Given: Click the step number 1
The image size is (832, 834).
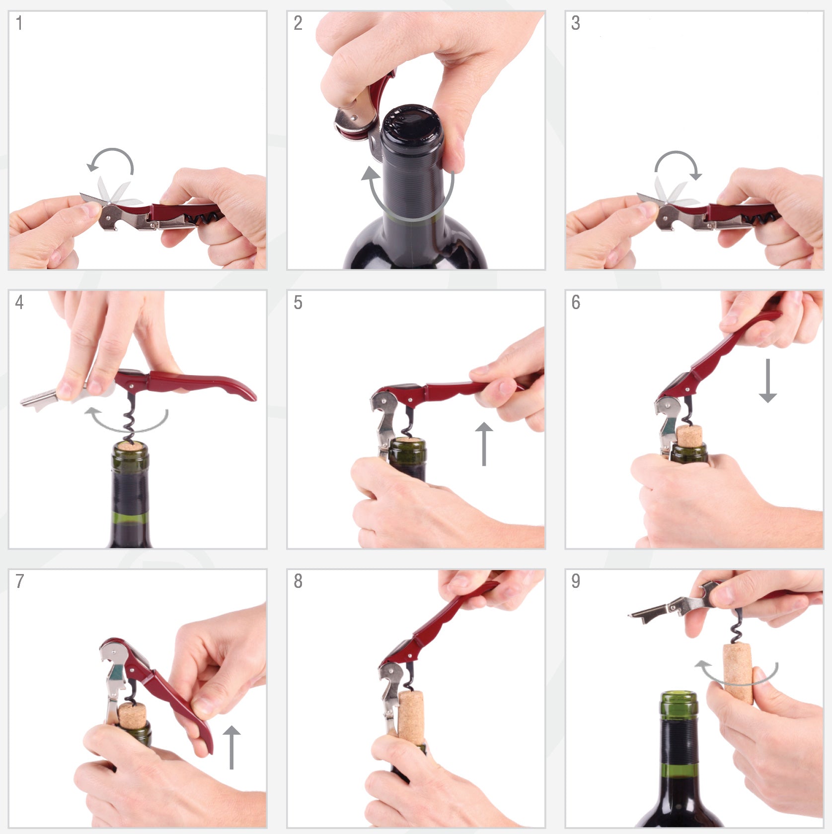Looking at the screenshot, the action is tap(19, 23).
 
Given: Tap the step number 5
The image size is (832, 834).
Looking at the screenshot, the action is tap(298, 302).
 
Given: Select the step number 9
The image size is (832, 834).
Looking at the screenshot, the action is tap(576, 581).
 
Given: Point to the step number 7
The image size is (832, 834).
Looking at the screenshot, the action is tap(19, 581).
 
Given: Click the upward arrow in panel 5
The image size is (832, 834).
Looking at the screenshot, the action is tap(484, 444).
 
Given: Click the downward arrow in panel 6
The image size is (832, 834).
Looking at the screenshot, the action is tap(768, 381).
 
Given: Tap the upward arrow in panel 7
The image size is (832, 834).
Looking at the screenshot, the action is tap(231, 747).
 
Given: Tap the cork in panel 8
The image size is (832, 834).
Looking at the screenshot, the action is tap(411, 717).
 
